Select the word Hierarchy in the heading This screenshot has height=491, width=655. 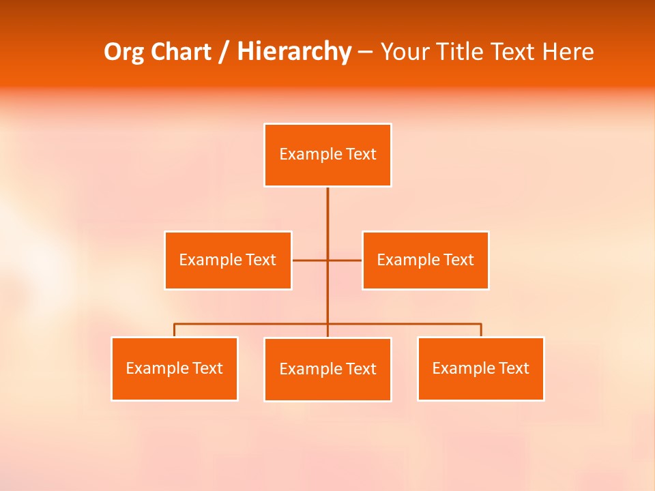294,52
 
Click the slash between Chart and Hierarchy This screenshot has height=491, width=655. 224,52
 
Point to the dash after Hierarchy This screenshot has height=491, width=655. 366,52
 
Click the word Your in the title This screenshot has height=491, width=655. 403,52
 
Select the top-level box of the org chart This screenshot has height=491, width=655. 327,155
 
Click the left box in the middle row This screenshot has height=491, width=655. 228,261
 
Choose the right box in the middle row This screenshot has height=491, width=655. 425,261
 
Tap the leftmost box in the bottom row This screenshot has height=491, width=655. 174,369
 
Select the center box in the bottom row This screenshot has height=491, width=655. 327,370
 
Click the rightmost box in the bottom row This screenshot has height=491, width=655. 480,369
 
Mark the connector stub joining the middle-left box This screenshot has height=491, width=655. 309,261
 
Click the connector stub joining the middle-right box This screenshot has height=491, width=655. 345,261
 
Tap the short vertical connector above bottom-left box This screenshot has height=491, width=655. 174,330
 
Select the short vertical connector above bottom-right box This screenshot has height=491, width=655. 481,330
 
